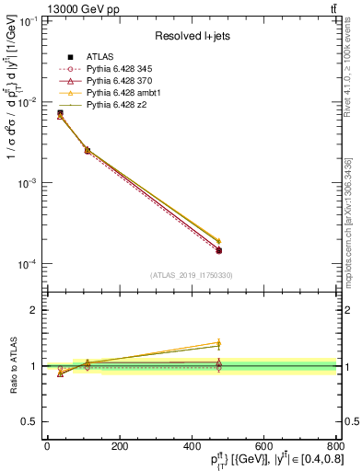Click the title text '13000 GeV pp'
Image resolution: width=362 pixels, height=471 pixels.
(x=49, y=8)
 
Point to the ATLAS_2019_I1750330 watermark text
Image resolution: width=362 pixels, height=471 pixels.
(x=190, y=274)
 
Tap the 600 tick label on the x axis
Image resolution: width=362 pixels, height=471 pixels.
(x=263, y=446)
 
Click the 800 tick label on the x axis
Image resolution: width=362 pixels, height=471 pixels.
(x=334, y=446)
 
